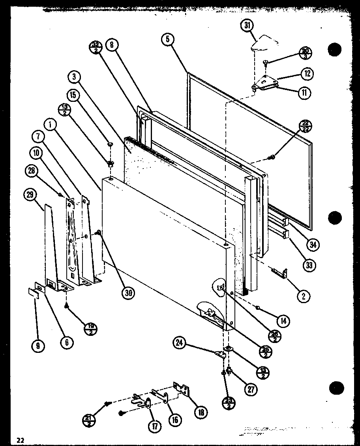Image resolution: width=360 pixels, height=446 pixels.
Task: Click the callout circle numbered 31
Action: pyautogui.click(x=247, y=26)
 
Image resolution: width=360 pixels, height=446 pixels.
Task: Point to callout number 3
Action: pyautogui.click(x=74, y=77)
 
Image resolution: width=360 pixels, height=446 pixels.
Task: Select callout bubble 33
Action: pyautogui.click(x=309, y=265)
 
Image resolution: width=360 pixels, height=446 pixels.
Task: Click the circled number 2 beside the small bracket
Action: pyautogui.click(x=304, y=296)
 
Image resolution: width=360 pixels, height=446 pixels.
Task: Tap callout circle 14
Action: pyautogui.click(x=281, y=321)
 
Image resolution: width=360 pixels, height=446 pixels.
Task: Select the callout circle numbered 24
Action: pyautogui.click(x=180, y=343)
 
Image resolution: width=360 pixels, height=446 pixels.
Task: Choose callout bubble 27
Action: pyautogui.click(x=250, y=389)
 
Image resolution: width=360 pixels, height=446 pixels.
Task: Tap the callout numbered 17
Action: pyautogui.click(x=152, y=426)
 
